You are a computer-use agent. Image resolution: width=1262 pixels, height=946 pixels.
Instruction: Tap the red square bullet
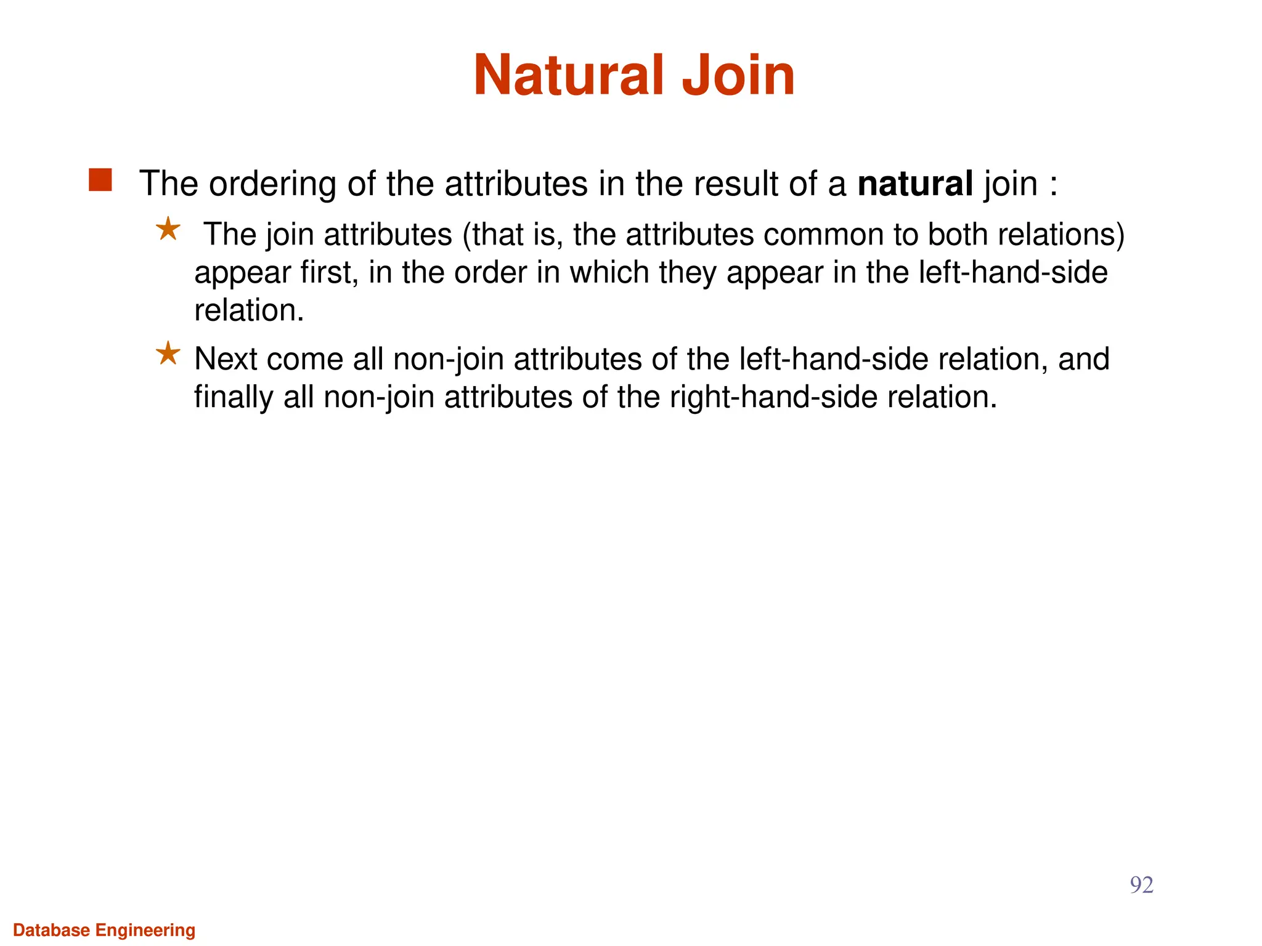click(100, 180)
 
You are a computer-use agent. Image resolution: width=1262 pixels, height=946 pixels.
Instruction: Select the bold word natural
click(915, 184)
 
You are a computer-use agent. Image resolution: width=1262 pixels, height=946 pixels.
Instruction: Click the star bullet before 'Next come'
click(168, 354)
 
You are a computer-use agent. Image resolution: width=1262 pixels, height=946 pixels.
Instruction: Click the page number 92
click(1141, 885)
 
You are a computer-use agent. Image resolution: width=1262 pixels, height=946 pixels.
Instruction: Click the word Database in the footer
click(51, 930)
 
